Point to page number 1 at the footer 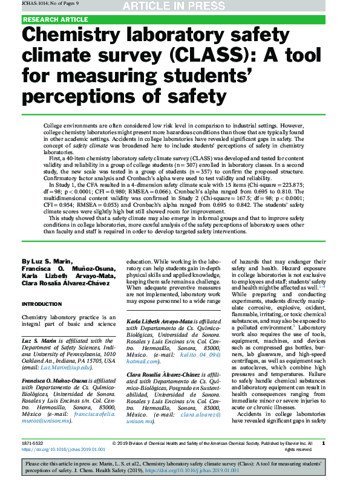[x=324, y=443]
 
